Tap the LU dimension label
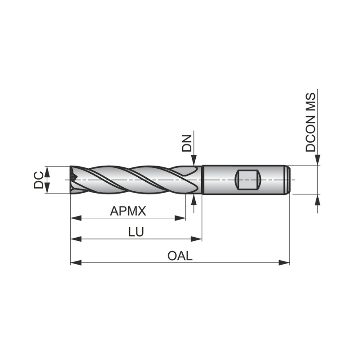coord(135,232)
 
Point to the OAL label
coord(180,256)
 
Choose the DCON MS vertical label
coord(310,122)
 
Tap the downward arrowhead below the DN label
coord(194,161)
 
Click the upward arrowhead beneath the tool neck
coord(194,199)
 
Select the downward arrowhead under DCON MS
coord(318,160)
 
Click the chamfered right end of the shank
coord(288,180)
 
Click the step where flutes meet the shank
coord(202,180)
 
